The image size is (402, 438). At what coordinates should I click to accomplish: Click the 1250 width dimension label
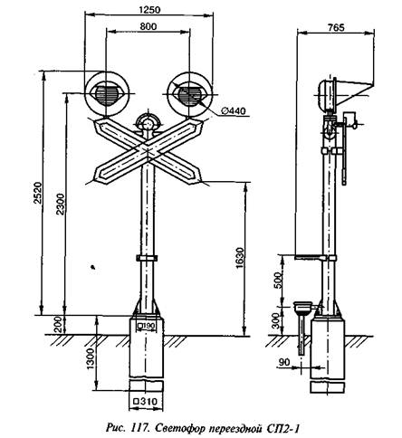149,10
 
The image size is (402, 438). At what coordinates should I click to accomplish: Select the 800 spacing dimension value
148,26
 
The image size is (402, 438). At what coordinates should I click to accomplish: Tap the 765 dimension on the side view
336,27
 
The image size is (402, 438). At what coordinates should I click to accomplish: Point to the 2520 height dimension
37,193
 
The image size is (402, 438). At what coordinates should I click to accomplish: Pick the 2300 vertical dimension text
60,204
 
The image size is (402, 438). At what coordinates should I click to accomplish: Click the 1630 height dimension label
239,258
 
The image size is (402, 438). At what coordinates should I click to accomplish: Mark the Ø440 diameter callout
234,111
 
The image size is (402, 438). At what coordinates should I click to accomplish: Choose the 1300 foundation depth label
90,358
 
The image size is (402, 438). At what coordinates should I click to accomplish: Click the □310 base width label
146,402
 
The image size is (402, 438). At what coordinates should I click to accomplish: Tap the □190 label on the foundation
147,326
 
